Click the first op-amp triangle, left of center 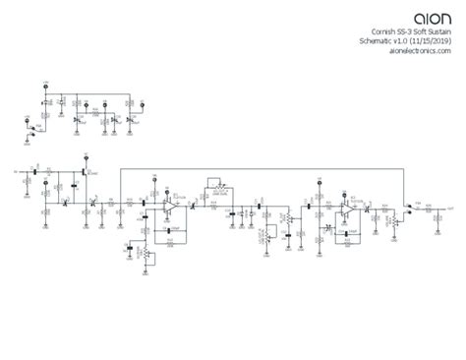click(x=169, y=208)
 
